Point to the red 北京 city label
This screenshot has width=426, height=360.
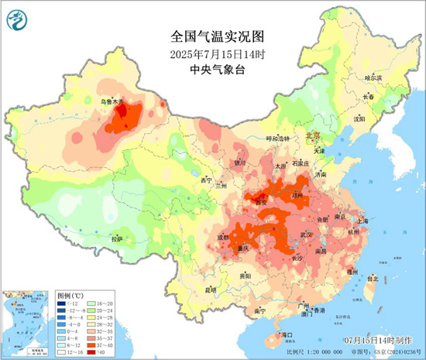tap(314, 135)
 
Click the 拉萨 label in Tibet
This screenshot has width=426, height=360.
tap(117, 239)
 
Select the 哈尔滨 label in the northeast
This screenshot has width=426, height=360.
tap(374, 77)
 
